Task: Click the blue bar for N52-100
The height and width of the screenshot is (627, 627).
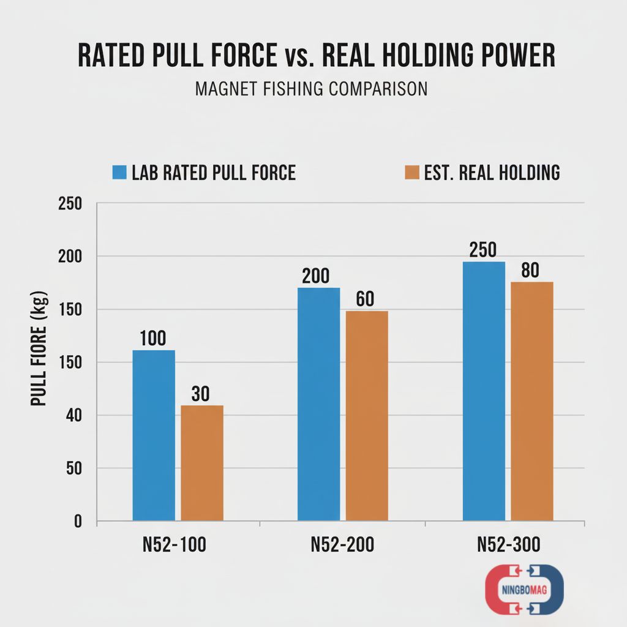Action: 154,435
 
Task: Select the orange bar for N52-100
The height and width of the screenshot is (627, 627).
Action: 202,463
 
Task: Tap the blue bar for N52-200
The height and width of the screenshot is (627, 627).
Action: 318,404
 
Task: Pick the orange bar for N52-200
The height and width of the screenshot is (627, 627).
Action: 367,416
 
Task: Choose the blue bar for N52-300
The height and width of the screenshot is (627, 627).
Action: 484,391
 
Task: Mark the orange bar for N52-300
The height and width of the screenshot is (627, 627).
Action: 532,401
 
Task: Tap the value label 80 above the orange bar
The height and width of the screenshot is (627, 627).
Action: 531,270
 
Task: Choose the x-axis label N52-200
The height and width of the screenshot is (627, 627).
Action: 342,545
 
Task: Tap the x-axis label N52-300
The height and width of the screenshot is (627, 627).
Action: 508,545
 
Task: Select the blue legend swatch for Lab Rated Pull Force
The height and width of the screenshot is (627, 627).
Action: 119,173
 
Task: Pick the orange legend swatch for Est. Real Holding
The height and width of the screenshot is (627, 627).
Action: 411,173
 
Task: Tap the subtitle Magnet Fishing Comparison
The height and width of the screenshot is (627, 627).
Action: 311,89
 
